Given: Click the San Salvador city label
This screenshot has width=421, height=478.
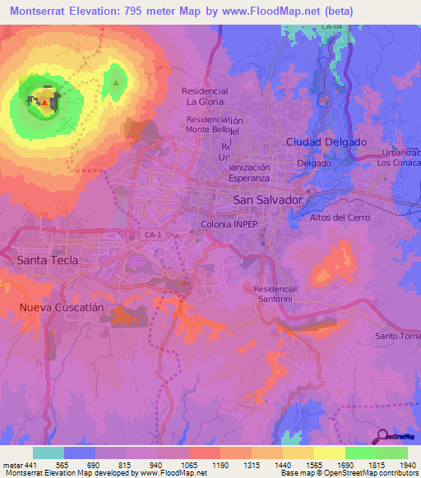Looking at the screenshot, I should [269, 200].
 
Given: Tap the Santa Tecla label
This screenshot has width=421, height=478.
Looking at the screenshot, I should [48, 260].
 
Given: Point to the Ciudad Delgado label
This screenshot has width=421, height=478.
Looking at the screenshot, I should [326, 142].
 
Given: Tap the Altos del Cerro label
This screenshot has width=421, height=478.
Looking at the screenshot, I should [340, 218].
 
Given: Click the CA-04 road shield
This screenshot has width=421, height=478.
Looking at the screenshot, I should [332, 28].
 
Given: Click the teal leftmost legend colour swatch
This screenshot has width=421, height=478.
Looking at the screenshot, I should [48, 453].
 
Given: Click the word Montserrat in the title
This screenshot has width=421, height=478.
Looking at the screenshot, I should [33, 11].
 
